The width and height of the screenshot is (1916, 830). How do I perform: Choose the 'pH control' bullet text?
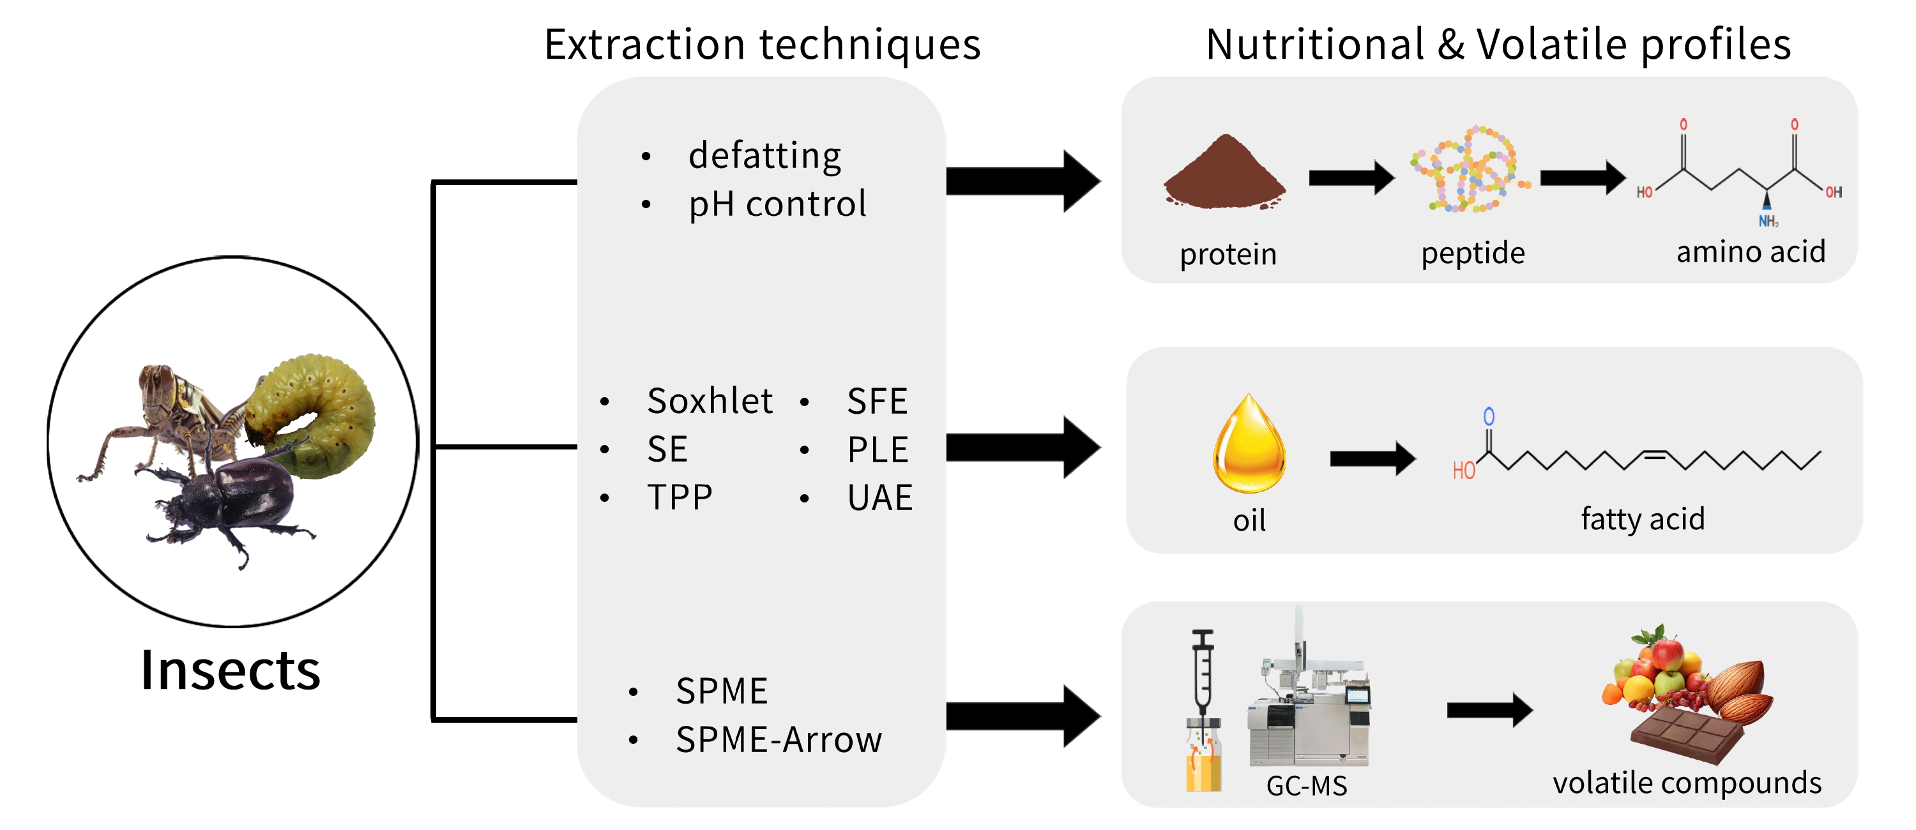pos(777,204)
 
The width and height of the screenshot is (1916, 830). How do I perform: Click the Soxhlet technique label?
pos(710,401)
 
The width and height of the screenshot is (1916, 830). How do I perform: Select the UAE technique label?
pos(879,497)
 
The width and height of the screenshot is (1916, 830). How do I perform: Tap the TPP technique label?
pos(680,497)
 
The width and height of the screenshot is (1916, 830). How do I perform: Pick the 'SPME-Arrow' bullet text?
pos(778,739)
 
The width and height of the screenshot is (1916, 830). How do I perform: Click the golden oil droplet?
pos(1250,446)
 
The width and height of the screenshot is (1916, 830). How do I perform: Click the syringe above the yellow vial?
pos(1203,669)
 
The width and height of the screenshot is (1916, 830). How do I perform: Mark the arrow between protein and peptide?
pos(1351,177)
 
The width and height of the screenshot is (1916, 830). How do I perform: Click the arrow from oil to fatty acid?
pos(1372,458)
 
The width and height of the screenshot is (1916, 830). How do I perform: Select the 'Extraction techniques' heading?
pos(763,45)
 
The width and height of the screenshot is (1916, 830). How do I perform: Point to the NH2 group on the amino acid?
pos(1768,221)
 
